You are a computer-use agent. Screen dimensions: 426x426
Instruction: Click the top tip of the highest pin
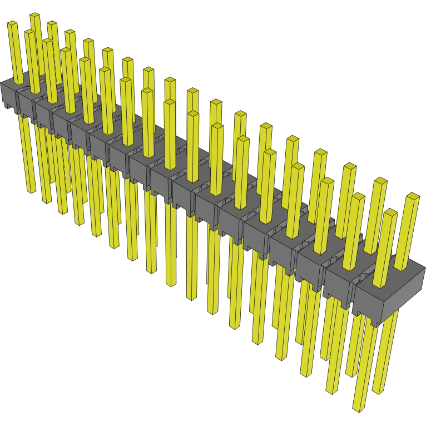35,16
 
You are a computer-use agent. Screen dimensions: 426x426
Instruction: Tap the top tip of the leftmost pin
12,24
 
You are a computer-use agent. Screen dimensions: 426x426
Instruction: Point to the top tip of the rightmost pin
412,196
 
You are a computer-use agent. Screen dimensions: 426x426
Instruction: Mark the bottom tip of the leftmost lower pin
31,191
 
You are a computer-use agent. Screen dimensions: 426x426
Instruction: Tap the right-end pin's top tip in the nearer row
391,212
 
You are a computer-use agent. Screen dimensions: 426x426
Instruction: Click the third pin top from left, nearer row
48,41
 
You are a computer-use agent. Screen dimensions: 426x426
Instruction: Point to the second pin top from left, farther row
52,24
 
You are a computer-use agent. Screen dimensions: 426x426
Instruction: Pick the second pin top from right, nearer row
358,196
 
